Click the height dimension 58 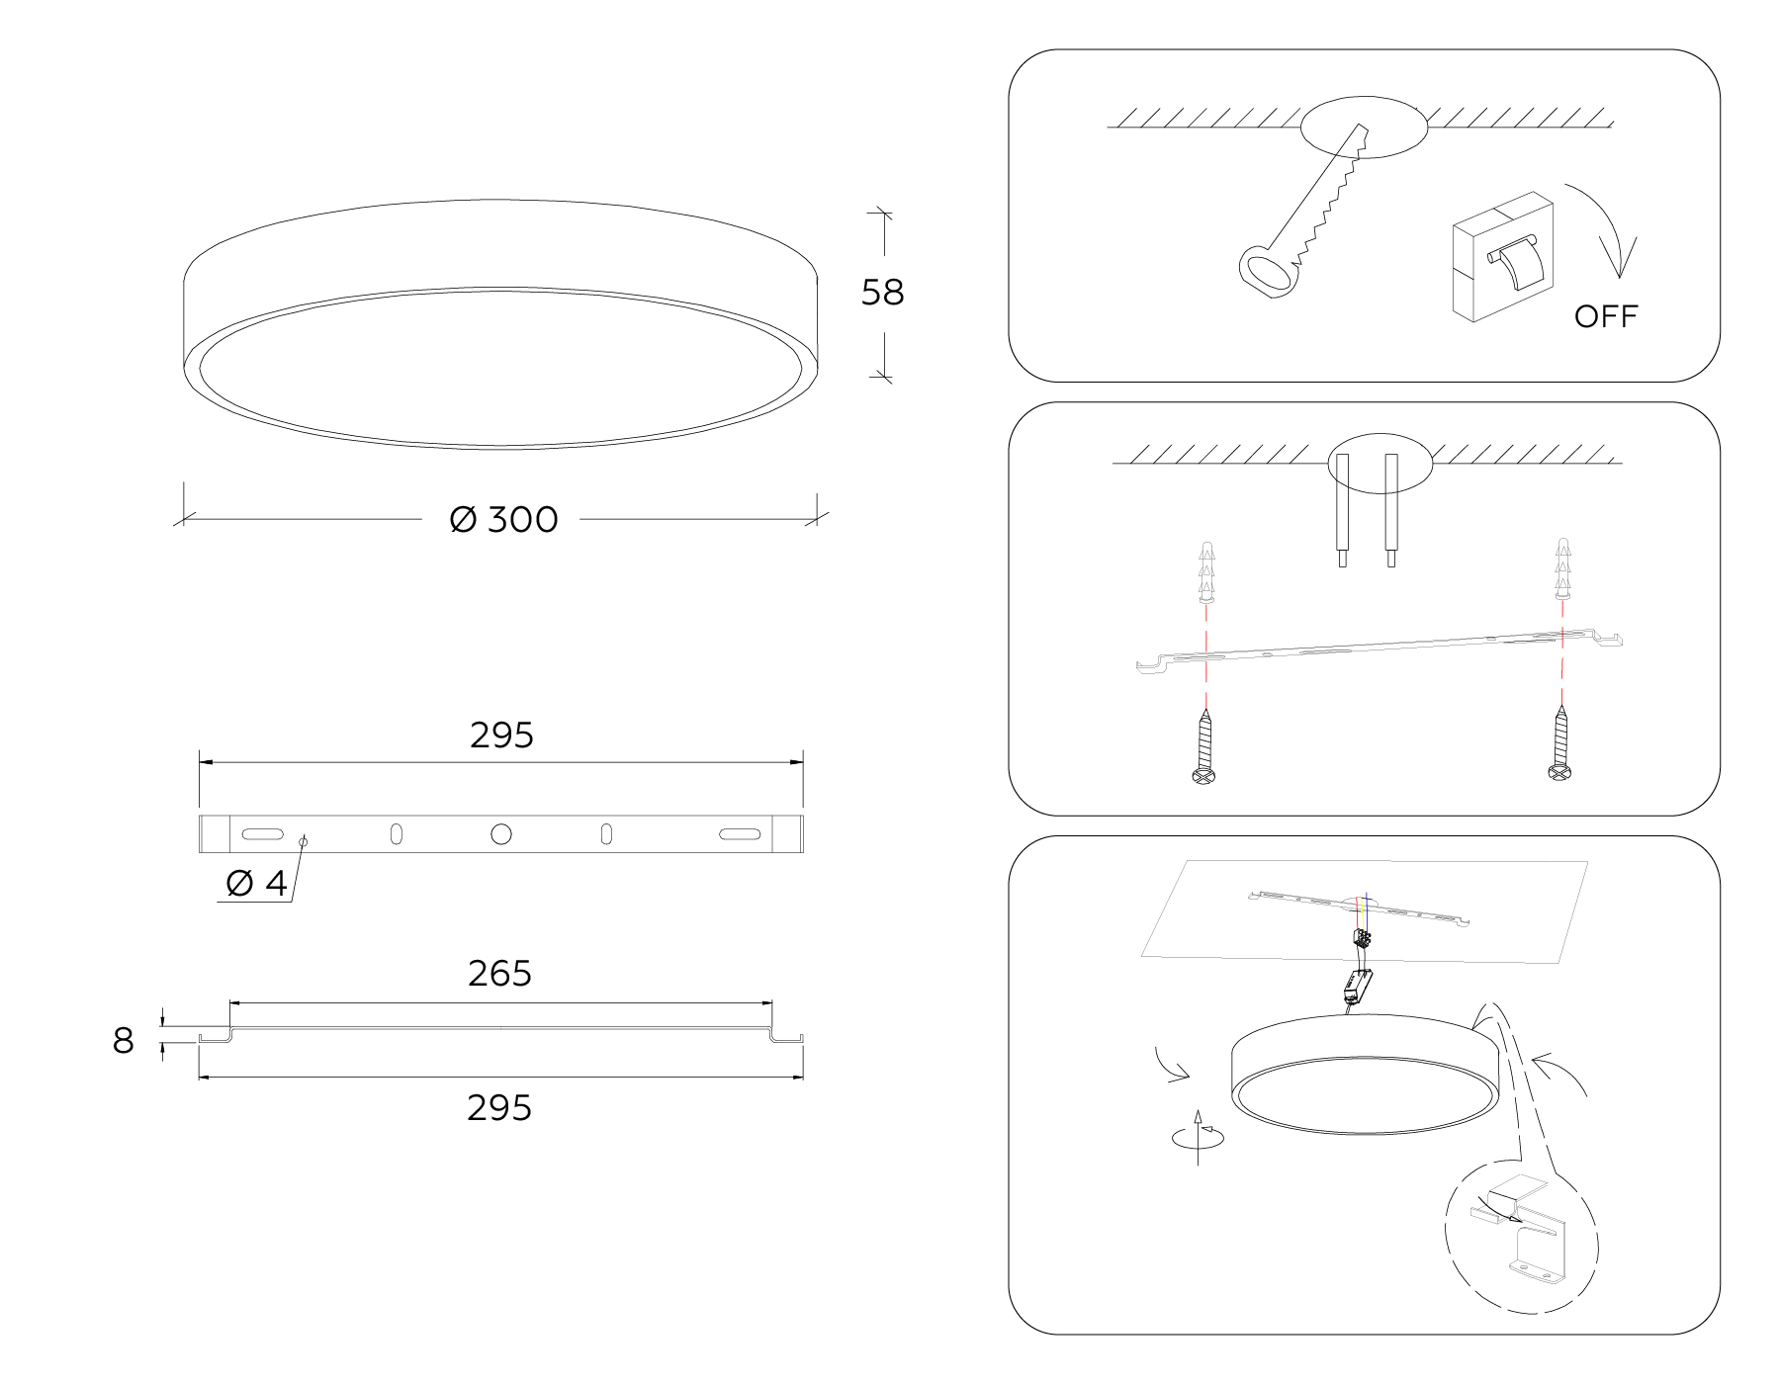pyautogui.click(x=882, y=293)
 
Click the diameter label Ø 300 pyautogui.click(x=503, y=519)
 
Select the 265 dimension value pyautogui.click(x=499, y=974)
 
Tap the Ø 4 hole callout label pyautogui.click(x=256, y=883)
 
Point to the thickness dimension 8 pyautogui.click(x=123, y=1041)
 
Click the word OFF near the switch pyautogui.click(x=1606, y=316)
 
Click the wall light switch pyautogui.click(x=1502, y=257)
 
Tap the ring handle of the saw pyautogui.click(x=1267, y=272)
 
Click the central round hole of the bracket pyautogui.click(x=501, y=834)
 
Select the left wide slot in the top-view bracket pyautogui.click(x=262, y=834)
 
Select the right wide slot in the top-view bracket pyautogui.click(x=740, y=834)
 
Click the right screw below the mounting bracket pyautogui.click(x=1560, y=742)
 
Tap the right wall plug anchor pyautogui.click(x=1562, y=568)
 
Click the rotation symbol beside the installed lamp pyautogui.click(x=1198, y=1137)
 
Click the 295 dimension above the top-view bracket pyautogui.click(x=501, y=735)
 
